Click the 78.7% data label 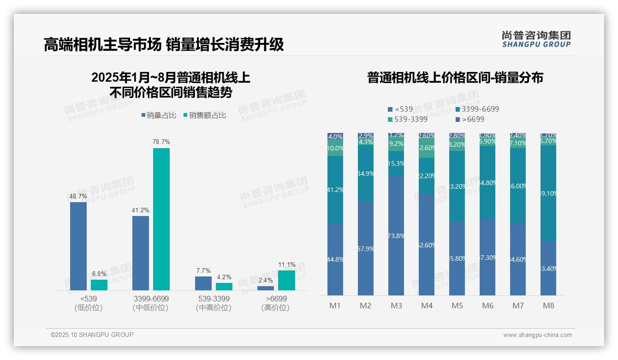(x=161, y=142)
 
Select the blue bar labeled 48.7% (x=78, y=246)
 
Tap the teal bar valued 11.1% (x=286, y=280)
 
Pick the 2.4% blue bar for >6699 (x=266, y=288)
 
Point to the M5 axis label (x=457, y=306)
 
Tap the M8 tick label (x=548, y=306)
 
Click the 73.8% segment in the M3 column (x=396, y=235)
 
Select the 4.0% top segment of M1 (x=335, y=137)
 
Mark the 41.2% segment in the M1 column (x=335, y=189)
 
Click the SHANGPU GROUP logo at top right (x=536, y=39)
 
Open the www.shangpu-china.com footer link (x=537, y=335)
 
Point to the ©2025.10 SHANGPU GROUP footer (x=92, y=335)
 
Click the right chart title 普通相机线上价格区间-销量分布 (x=455, y=78)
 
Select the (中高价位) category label (x=214, y=308)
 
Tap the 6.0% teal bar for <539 (x=99, y=285)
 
